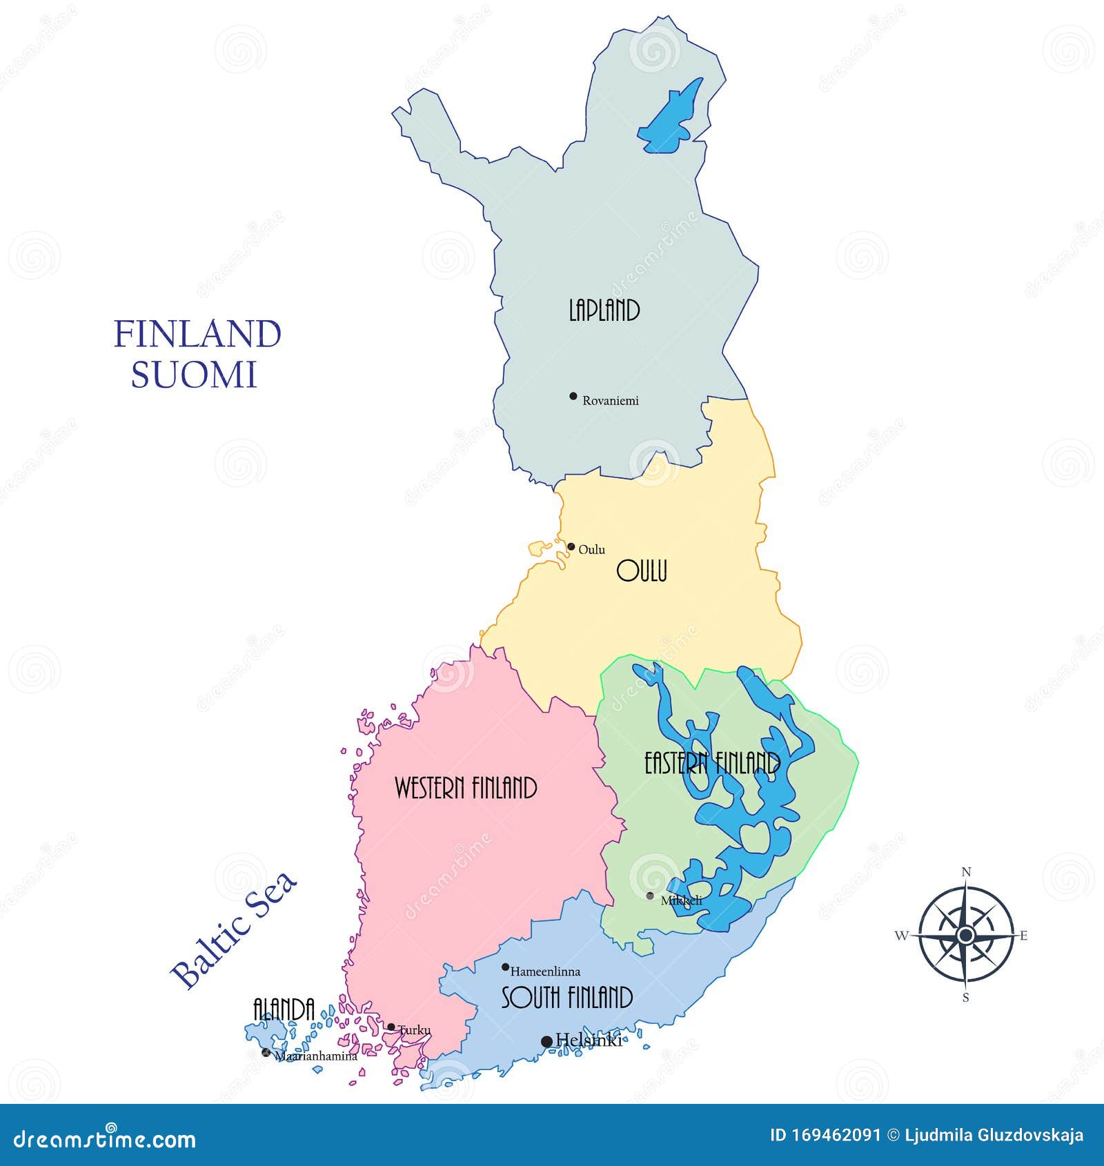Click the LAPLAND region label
pos(604,310)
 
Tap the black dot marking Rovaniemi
pos(573,396)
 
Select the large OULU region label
pos(642,571)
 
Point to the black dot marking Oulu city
pos(571,546)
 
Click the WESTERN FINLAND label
pos(466,788)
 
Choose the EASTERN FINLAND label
pos(712,764)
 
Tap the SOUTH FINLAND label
pos(566,998)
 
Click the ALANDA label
pos(284,1009)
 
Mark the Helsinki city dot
pos(546,1041)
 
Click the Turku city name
pos(415,1030)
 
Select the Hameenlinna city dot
pos(505,967)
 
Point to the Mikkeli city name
pos(681,900)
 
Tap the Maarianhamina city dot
pos(266,1052)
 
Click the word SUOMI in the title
pos(194,375)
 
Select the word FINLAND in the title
pos(197,334)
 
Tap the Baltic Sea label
pos(235,929)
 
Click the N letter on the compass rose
pos(966,872)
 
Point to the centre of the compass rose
pos(966,935)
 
